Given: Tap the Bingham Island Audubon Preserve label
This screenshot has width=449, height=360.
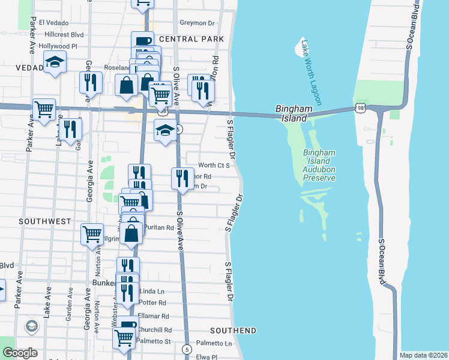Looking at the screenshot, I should click(x=319, y=165).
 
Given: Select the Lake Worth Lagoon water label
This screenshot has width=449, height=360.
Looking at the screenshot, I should click(x=312, y=71).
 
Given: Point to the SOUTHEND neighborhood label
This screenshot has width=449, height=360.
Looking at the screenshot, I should click(x=234, y=331).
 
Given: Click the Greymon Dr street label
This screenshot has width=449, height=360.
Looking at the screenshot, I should click(x=196, y=23).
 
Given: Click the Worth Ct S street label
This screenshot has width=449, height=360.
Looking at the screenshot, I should click(x=214, y=165).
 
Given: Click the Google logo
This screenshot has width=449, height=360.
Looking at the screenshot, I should click(x=20, y=353).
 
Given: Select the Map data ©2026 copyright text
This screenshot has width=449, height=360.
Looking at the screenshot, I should click(x=423, y=355).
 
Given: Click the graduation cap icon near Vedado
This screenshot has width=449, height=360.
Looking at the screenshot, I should click(x=55, y=62).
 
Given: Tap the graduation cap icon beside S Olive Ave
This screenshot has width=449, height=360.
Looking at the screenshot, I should click(x=165, y=130).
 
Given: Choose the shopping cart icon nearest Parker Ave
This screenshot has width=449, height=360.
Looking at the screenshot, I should click(x=44, y=109).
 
